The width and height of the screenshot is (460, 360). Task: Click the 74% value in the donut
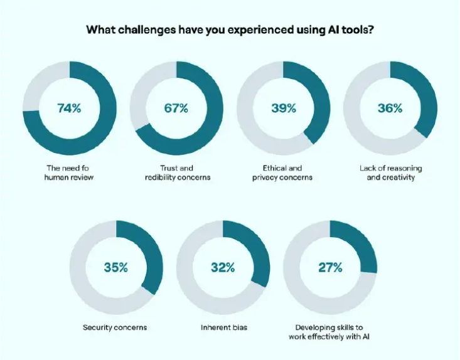tap(69, 108)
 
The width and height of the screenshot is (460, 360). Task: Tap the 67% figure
tap(176, 108)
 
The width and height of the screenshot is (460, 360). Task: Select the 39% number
tap(284, 108)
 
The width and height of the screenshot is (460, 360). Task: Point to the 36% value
tap(390, 108)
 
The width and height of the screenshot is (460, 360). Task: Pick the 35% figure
tap(115, 268)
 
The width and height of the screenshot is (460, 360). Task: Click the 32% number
tap(223, 268)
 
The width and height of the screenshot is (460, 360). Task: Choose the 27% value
tap(329, 268)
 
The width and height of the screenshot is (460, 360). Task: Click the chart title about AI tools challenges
tap(230, 29)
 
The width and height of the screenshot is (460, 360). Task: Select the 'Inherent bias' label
tap(223, 327)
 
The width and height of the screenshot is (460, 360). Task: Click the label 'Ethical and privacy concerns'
tap(284, 172)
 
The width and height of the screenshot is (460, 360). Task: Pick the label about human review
tap(69, 172)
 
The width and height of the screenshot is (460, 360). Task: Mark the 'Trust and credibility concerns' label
tap(176, 172)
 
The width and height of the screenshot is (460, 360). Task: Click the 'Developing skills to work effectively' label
tap(330, 332)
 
